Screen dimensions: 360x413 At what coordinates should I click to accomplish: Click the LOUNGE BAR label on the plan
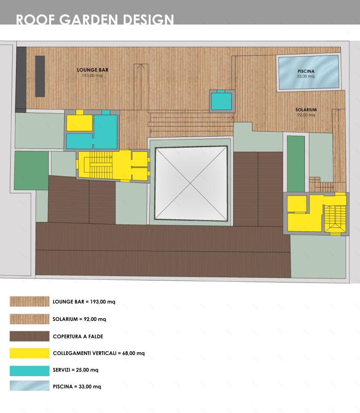92,70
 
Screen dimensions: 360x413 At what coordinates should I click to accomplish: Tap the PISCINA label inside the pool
306,71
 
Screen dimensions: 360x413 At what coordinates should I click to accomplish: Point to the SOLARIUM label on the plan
306,110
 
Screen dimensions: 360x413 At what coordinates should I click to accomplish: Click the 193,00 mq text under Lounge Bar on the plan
92,76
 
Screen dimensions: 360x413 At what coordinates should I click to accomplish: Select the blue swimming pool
308,72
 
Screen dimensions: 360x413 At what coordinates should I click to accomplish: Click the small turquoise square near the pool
221,101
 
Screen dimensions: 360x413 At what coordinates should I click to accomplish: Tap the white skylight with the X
191,183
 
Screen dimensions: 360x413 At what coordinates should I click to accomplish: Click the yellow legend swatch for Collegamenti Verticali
29,353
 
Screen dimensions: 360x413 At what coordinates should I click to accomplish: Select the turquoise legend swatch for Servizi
29,370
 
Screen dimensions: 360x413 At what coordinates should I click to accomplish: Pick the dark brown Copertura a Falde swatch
29,337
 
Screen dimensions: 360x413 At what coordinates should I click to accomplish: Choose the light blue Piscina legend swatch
29,386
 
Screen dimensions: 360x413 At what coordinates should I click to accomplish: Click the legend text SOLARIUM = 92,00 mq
79,319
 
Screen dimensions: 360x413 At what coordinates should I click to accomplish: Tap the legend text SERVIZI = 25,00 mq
76,370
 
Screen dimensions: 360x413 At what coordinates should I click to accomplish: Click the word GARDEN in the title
88,20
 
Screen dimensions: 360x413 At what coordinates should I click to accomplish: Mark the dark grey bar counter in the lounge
40,76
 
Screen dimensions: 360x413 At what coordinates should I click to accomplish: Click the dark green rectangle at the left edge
32,171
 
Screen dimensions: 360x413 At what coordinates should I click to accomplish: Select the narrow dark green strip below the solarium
296,164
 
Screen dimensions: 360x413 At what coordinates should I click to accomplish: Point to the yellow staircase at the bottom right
335,219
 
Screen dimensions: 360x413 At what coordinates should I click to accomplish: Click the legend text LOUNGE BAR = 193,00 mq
84,302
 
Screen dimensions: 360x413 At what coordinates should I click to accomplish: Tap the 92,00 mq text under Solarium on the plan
306,115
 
